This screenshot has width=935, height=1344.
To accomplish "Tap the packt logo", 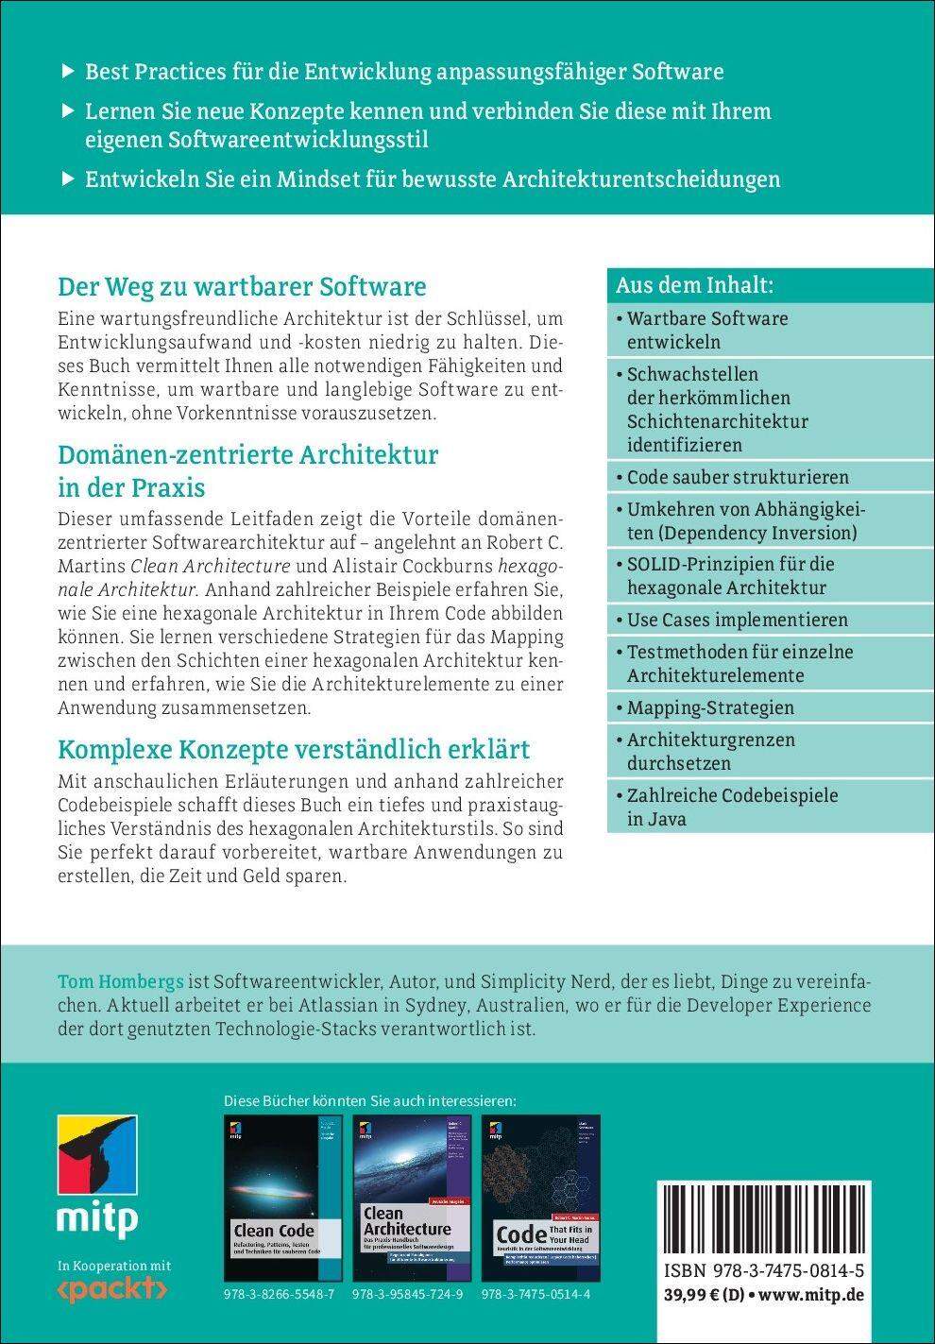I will (112, 1288).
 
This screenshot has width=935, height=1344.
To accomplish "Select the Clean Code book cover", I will (283, 1198).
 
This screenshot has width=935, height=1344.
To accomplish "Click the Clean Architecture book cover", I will (412, 1198).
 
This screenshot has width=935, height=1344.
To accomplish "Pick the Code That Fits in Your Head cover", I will (540, 1198).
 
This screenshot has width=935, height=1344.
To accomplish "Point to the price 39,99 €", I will (697, 1294).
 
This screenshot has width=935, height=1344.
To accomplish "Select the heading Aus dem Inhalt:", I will (695, 285).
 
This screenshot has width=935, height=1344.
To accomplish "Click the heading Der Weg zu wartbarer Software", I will (243, 286).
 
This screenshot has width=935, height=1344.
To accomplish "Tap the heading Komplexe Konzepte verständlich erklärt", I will (294, 749).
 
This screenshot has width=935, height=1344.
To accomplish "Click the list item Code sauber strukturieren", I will (738, 477).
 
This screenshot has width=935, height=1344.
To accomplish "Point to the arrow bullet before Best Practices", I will (66, 71).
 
